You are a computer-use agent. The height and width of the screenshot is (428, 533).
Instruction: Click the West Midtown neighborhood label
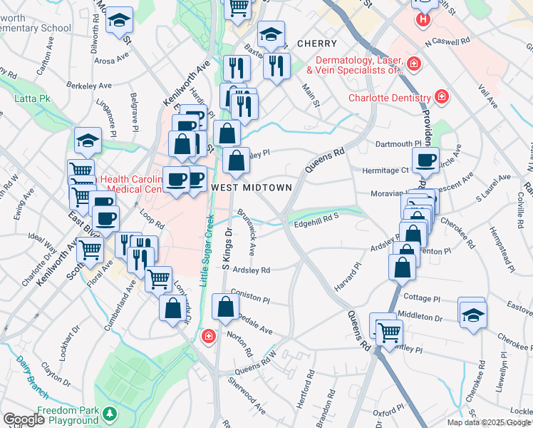point(252,187)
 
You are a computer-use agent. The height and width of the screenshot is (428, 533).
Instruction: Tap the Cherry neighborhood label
point(316,44)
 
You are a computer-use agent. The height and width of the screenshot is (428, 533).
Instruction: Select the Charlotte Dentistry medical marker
point(442,96)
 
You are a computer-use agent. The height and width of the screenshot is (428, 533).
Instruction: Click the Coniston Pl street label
point(250,299)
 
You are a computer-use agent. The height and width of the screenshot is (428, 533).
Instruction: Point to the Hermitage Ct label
point(384,170)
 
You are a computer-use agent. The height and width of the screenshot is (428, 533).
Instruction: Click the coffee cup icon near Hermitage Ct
point(426,160)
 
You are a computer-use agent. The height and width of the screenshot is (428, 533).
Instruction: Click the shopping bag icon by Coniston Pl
point(225,308)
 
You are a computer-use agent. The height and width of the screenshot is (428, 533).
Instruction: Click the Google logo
point(24,419)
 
